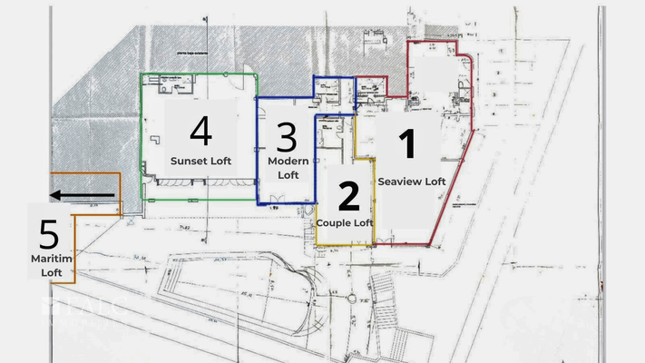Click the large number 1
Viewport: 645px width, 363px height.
tap(407, 145)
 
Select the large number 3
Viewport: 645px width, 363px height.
tap(287, 138)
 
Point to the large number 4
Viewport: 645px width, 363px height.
tap(200, 131)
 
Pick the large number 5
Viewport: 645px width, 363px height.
tap(49, 236)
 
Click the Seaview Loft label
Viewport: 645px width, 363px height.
tap(412, 181)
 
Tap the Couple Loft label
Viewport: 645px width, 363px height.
tap(345, 222)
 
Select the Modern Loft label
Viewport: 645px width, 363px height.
tap(288, 167)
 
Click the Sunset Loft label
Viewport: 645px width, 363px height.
tap(200, 161)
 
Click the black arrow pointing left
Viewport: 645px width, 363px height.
tap(83, 194)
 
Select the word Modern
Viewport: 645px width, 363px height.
tap(288, 161)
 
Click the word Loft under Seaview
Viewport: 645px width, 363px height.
tap(435, 181)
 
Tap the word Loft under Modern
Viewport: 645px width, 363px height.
tap(288, 174)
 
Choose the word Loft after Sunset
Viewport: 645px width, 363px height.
tap(220, 161)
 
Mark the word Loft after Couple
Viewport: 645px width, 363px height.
tap(363, 222)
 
